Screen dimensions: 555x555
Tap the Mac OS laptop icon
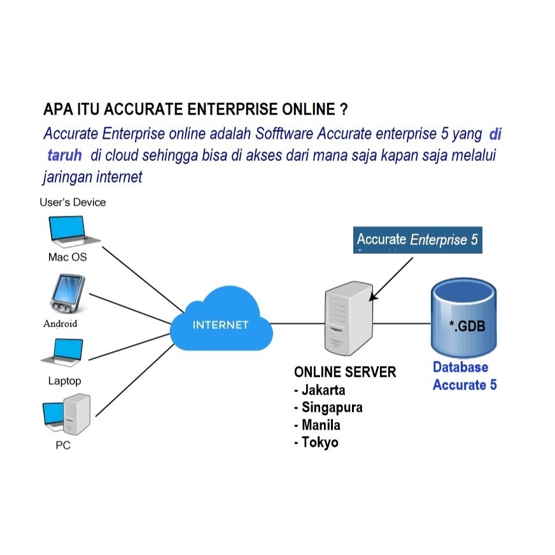(74, 232)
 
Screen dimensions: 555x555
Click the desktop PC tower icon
(77, 414)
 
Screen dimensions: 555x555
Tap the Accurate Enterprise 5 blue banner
(417, 240)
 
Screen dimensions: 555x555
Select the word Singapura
(332, 407)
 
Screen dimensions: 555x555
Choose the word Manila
(321, 425)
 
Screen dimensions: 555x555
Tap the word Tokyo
(320, 442)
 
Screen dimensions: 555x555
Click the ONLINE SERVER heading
(345, 372)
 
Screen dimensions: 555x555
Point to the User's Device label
(73, 202)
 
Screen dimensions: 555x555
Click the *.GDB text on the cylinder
(467, 327)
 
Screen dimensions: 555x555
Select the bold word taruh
(64, 156)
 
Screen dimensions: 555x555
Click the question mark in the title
(344, 109)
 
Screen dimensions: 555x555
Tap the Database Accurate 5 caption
(464, 376)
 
